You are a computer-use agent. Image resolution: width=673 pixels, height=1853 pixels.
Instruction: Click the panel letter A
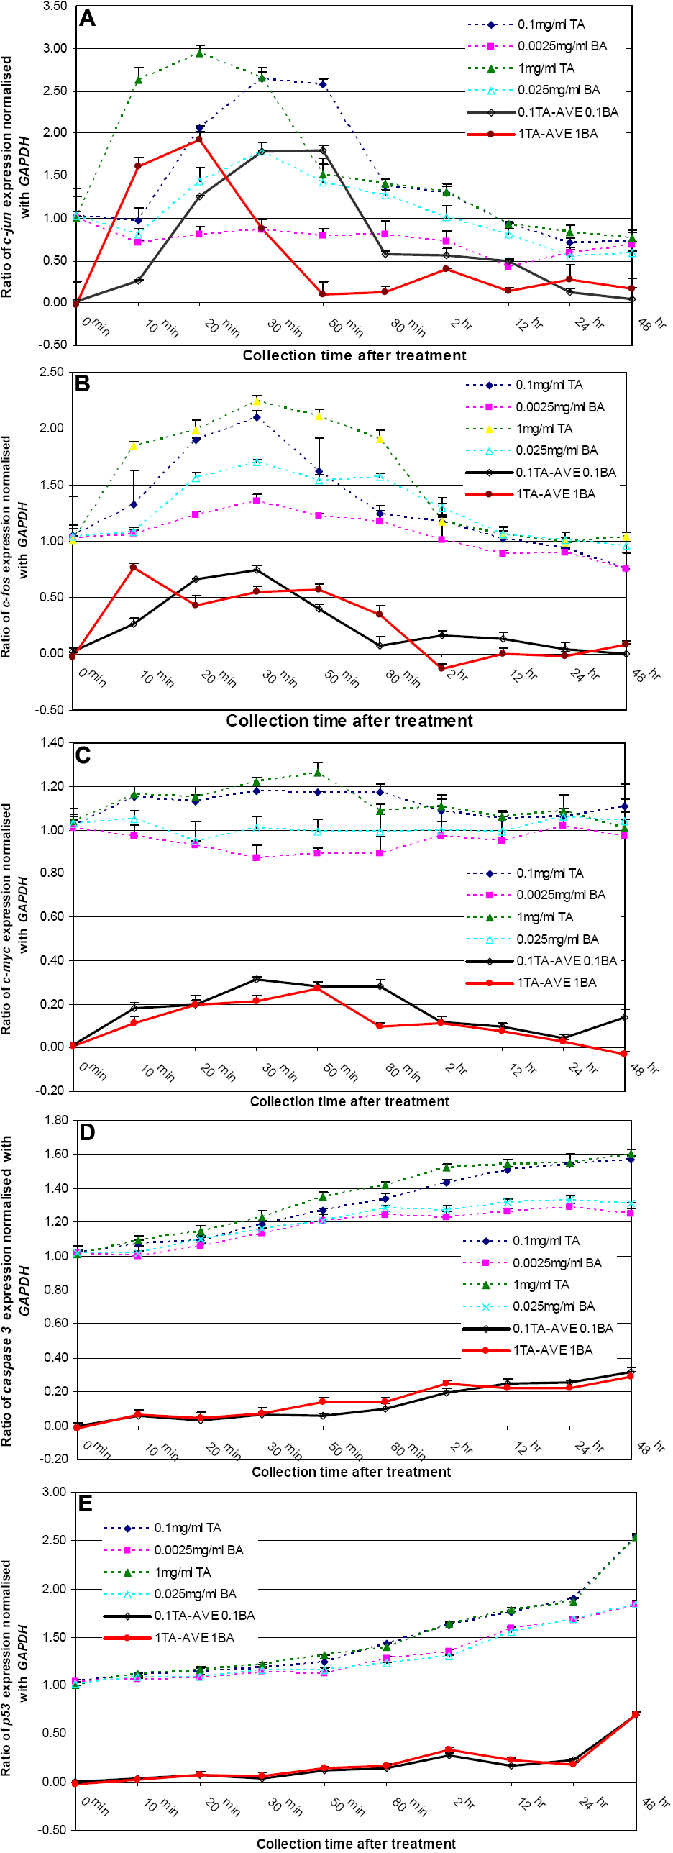click(x=87, y=18)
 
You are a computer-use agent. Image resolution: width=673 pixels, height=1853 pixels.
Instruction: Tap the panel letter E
click(x=85, y=1503)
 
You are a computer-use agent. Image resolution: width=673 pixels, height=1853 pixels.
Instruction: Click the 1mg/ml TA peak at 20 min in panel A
click(x=200, y=53)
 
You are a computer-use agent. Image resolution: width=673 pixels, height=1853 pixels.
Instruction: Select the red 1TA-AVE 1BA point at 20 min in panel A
click(x=200, y=140)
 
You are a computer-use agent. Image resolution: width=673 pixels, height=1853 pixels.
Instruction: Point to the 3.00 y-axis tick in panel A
click(x=55, y=48)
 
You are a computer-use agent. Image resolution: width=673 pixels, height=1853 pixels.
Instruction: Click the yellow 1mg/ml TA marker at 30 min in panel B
click(x=257, y=401)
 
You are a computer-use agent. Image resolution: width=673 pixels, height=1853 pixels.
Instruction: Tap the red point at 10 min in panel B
click(x=134, y=568)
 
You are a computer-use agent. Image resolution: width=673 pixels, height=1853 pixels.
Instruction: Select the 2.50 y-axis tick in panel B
click(x=52, y=372)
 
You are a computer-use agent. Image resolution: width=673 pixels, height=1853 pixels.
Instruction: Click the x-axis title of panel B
click(x=349, y=721)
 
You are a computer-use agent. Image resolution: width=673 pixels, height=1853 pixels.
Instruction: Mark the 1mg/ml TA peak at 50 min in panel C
click(x=318, y=773)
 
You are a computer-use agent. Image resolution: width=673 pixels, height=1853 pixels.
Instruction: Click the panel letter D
click(x=87, y=1132)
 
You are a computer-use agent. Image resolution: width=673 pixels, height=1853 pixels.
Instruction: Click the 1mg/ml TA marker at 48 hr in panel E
click(x=635, y=1537)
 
